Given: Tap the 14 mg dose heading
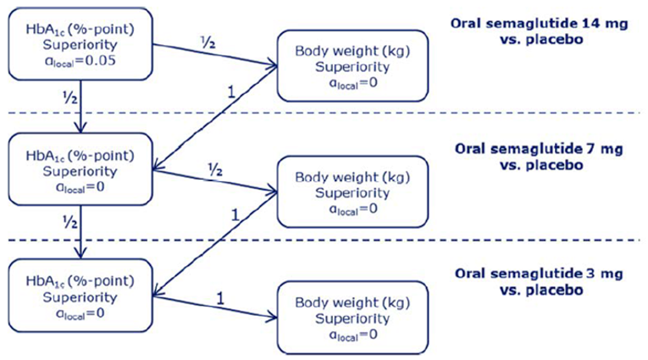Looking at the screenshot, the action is (539, 31).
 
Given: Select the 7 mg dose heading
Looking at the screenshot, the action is (539, 157).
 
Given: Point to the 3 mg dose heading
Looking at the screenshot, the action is (539, 282).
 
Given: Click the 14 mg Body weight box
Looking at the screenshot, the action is (352, 66).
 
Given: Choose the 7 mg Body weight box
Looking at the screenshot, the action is (352, 191).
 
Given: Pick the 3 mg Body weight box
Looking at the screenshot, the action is (352, 318).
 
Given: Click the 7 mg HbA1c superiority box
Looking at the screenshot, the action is (80, 169).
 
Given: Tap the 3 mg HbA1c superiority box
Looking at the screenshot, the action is (80, 295).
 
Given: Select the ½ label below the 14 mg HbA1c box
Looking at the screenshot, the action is (70, 98).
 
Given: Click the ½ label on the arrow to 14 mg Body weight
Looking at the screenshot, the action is (208, 42).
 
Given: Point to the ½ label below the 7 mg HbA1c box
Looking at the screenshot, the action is (70, 223).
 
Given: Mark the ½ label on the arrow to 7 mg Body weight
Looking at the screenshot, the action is (215, 169).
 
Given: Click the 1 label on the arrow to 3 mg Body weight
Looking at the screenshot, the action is (220, 298).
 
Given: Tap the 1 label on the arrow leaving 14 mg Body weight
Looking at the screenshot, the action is (230, 92).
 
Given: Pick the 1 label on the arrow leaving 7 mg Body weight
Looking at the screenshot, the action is (235, 215).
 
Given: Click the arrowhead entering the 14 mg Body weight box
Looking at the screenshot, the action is (272, 65).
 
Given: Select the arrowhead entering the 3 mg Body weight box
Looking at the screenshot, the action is (272, 317).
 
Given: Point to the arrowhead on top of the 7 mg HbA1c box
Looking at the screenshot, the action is (80, 127).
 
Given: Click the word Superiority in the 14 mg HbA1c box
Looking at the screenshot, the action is (80, 45).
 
